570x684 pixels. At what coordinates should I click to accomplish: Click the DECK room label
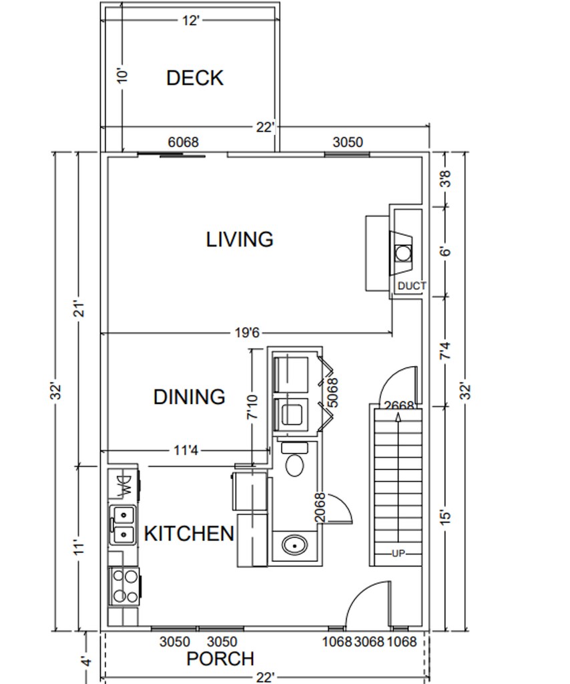pyautogui.click(x=195, y=78)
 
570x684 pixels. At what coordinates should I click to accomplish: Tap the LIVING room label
pyautogui.click(x=240, y=240)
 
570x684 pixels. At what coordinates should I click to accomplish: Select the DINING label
pyautogui.click(x=190, y=397)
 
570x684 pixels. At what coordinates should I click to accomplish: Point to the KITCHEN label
pyautogui.click(x=189, y=534)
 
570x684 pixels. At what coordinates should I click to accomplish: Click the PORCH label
pyautogui.click(x=220, y=659)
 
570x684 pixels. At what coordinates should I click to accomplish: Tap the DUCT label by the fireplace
pyautogui.click(x=412, y=286)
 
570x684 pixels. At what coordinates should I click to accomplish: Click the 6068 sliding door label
pyautogui.click(x=183, y=142)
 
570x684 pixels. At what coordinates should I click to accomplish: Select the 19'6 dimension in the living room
pyautogui.click(x=247, y=333)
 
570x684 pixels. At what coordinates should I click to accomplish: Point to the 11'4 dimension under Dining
pyautogui.click(x=186, y=450)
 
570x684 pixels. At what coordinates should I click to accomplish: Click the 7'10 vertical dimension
pyautogui.click(x=252, y=407)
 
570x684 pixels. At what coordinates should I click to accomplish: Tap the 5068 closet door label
pyautogui.click(x=332, y=393)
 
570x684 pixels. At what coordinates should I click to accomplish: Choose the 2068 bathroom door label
pyautogui.click(x=320, y=508)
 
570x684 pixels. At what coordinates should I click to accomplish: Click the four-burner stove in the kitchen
pyautogui.click(x=124, y=586)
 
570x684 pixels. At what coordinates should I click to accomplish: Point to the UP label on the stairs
pyautogui.click(x=398, y=554)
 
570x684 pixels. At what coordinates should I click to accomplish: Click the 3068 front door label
pyautogui.click(x=370, y=642)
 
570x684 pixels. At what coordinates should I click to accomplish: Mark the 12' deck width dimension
pyautogui.click(x=190, y=21)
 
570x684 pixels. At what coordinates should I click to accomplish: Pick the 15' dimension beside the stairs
pyautogui.click(x=445, y=518)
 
